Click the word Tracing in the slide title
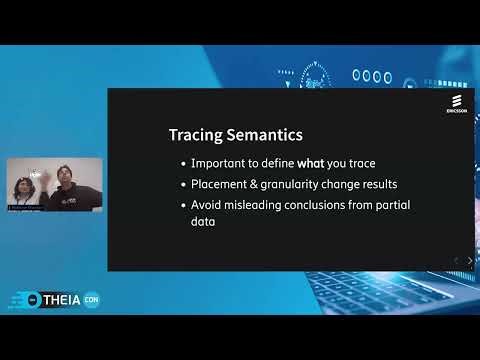click(x=194, y=134)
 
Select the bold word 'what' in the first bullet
click(x=310, y=163)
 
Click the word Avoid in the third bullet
click(x=206, y=205)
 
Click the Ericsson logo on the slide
click(x=456, y=106)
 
